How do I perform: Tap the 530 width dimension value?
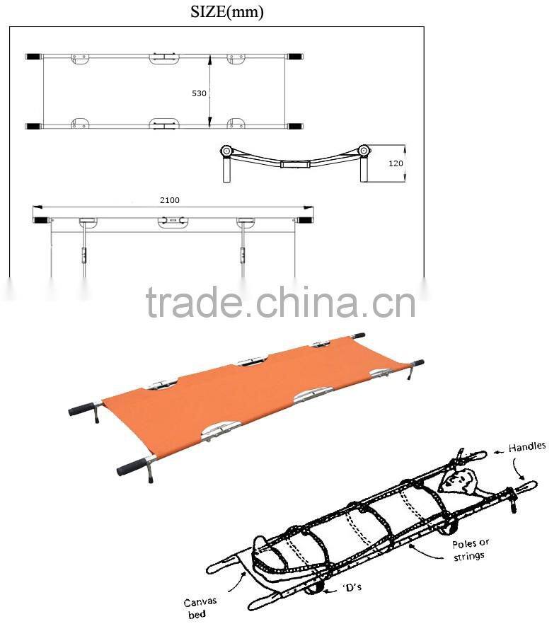(x=200, y=93)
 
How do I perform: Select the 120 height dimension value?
(x=396, y=163)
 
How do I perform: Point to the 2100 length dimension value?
(x=169, y=200)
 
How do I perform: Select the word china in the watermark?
(x=335, y=305)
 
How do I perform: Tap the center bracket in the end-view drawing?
(x=294, y=164)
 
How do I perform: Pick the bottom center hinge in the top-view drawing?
(x=164, y=125)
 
